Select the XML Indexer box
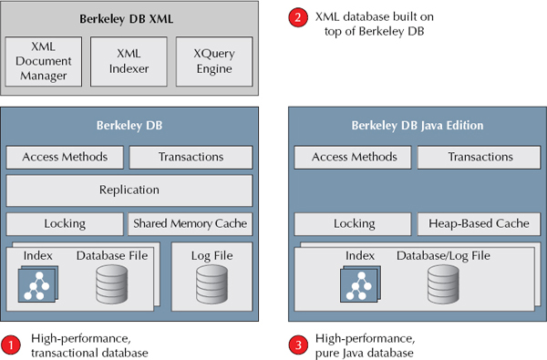(129, 61)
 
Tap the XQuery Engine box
(212, 61)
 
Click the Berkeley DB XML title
(129, 19)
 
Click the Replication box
(129, 190)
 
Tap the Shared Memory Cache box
(190, 223)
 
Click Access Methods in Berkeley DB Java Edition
(355, 157)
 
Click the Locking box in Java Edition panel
(355, 223)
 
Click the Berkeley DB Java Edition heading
(417, 125)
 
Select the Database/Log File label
(442, 257)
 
